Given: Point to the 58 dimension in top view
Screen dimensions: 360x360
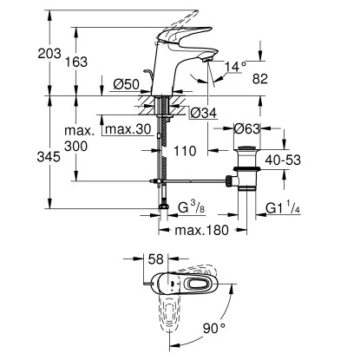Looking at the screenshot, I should coord(157,259).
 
